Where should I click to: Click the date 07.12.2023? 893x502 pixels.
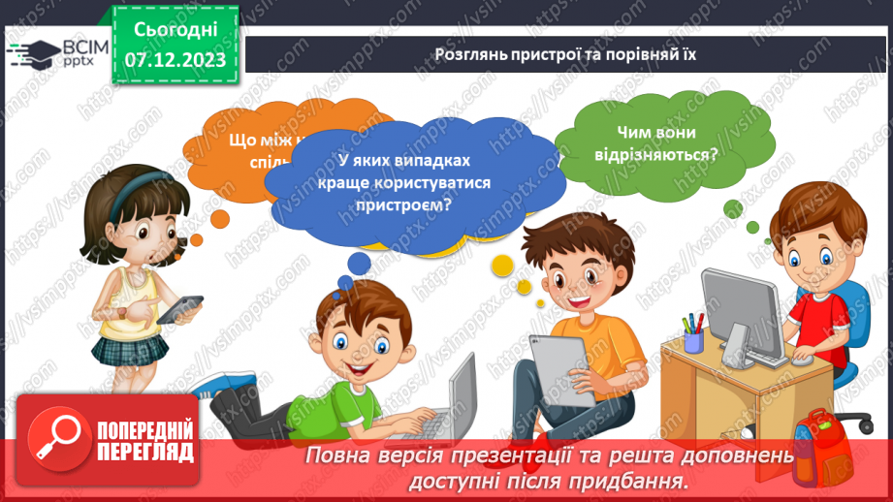[x=175, y=60]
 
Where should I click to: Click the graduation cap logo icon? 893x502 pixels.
[x=31, y=51]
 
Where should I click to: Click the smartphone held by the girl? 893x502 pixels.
[x=180, y=309]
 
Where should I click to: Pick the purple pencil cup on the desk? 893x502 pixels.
[x=693, y=341]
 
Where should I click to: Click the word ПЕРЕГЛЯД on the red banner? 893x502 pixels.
[x=145, y=452]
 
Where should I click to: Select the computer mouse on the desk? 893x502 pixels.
[x=804, y=360]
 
